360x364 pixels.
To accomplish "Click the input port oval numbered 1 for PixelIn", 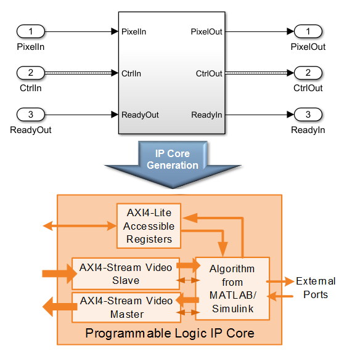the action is [31, 31].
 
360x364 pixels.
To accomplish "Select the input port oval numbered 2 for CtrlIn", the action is [31, 73].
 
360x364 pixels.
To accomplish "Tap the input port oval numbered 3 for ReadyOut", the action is [31, 115].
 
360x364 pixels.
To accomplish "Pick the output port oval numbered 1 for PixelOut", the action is [308, 31].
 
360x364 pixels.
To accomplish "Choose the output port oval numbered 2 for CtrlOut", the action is [308, 73].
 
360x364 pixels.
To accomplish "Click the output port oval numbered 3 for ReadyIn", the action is [308, 115].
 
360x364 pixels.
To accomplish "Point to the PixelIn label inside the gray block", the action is [134, 32].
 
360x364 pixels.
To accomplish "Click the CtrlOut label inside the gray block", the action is [209, 73].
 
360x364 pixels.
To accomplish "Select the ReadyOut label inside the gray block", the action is [140, 115].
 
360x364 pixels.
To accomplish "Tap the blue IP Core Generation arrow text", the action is [173, 160].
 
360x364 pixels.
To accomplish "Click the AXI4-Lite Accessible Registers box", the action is [149, 226].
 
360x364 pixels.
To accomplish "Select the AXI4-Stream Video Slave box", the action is [126, 273].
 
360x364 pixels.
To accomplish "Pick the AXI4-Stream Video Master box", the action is [126, 307].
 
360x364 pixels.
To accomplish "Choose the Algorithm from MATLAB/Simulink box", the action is [232, 289].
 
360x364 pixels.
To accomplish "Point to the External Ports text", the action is [316, 288].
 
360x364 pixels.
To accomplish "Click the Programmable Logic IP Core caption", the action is [170, 333].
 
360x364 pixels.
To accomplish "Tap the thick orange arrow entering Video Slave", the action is [60, 273].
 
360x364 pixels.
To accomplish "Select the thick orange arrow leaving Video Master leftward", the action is [60, 307].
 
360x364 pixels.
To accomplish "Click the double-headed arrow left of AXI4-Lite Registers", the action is [80, 225].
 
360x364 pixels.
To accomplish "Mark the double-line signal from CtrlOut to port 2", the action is [260, 73].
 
